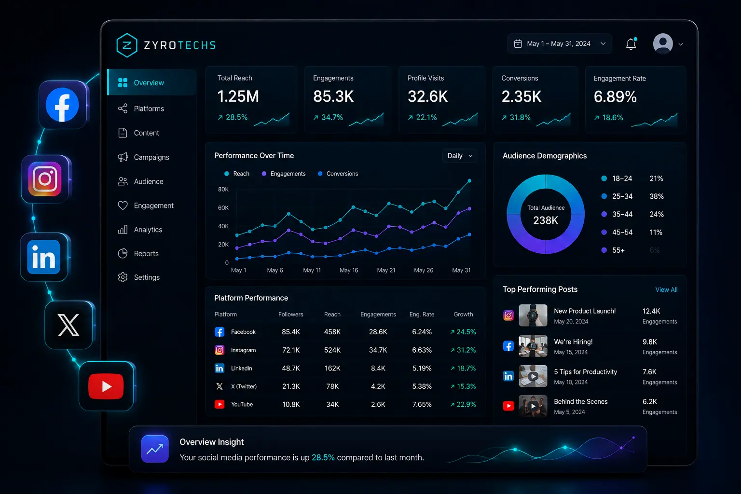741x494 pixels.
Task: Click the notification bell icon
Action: (x=631, y=44)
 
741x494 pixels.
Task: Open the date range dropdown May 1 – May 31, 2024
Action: (x=560, y=44)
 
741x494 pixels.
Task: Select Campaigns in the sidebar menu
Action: (x=151, y=157)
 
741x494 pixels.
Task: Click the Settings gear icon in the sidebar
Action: (x=123, y=277)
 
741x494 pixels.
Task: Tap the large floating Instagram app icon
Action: (x=45, y=179)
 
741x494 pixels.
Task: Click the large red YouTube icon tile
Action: (x=106, y=386)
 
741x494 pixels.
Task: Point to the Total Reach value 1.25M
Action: (x=238, y=96)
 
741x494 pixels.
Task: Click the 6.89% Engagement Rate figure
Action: (x=615, y=96)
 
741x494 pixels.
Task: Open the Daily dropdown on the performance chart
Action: (x=460, y=156)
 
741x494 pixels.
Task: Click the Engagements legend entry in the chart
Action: (x=284, y=174)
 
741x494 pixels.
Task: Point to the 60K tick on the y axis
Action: (x=223, y=208)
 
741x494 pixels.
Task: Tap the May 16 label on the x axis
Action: (x=349, y=270)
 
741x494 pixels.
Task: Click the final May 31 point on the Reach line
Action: (x=469, y=180)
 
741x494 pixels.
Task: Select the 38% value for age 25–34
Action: (x=656, y=196)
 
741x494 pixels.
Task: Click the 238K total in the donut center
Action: (x=546, y=220)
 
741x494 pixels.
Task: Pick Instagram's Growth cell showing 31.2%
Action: (x=463, y=350)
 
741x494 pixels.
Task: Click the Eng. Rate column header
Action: (x=422, y=315)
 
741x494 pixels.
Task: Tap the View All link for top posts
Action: (x=666, y=289)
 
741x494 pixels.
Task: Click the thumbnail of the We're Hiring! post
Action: (x=533, y=346)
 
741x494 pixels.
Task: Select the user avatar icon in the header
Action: (x=663, y=43)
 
